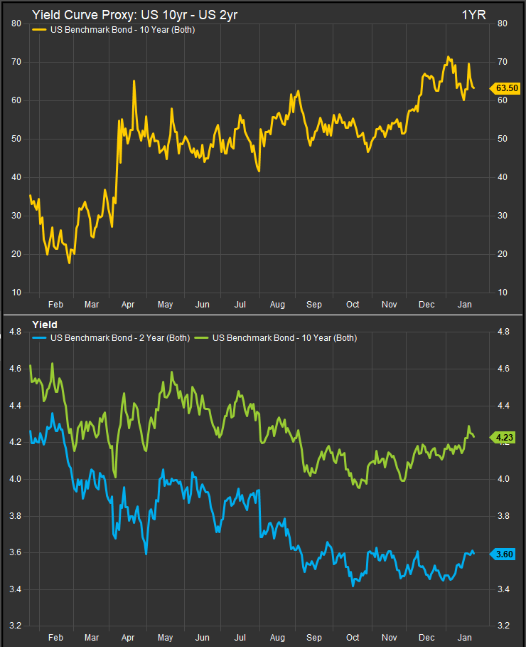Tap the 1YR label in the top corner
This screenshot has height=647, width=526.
point(474,14)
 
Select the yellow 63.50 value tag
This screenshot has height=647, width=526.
point(506,88)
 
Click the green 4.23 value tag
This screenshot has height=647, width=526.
point(506,438)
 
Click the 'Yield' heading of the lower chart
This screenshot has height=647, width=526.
point(45,325)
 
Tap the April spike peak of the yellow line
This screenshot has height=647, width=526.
point(134,81)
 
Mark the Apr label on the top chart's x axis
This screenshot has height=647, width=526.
point(129,305)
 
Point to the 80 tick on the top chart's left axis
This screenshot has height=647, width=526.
point(15,23)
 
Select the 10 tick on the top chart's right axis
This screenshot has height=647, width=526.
point(502,293)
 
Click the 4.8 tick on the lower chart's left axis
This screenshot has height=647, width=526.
point(15,332)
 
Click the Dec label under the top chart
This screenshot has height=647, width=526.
point(427,305)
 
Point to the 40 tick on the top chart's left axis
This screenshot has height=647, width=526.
point(15,177)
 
